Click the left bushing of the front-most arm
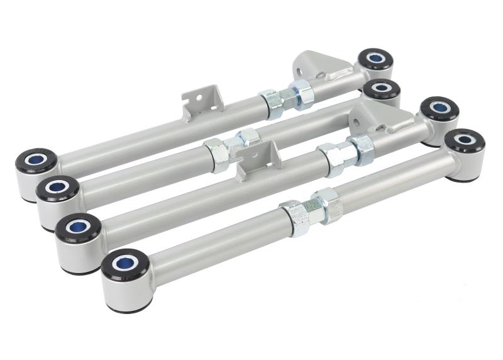coord(126,264)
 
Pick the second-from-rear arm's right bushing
coord(382,89)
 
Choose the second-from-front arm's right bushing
coord(439,108)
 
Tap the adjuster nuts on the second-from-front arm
coord(345,154)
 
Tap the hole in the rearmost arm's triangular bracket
coord(321,75)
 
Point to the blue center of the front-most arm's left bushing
coord(126,261)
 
